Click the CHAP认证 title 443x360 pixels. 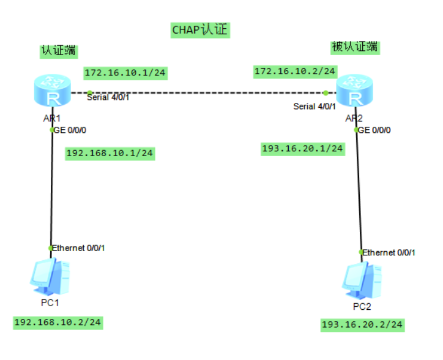click(x=201, y=30)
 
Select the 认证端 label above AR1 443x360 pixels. click(x=58, y=50)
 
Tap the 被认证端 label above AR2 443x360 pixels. click(x=354, y=47)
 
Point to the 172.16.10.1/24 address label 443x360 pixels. click(x=125, y=73)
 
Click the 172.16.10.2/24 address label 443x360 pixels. click(x=295, y=72)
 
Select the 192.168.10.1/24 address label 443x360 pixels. click(x=110, y=153)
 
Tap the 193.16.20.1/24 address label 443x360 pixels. click(x=302, y=148)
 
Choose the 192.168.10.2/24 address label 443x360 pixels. click(x=58, y=322)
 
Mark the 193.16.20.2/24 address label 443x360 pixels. click(x=362, y=324)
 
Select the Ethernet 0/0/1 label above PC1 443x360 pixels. click(x=78, y=248)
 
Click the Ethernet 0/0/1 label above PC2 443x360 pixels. click(x=389, y=252)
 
